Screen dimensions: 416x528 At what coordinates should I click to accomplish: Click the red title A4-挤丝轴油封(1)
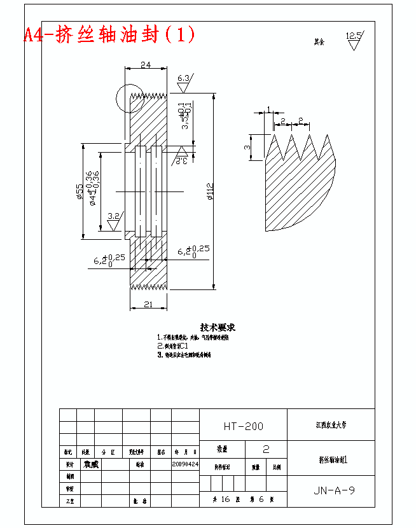(x=109, y=34)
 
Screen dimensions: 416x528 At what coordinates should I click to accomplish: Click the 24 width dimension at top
(x=146, y=64)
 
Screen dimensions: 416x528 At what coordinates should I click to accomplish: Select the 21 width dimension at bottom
(x=148, y=305)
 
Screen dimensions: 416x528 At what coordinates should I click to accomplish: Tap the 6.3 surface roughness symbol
(x=184, y=81)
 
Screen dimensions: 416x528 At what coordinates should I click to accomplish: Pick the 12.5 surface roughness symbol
(x=354, y=39)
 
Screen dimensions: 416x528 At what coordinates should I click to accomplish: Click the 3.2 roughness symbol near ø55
(x=114, y=220)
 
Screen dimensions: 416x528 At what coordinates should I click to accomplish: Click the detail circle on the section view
(x=130, y=100)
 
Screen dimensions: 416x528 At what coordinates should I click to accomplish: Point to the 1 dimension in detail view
(x=268, y=109)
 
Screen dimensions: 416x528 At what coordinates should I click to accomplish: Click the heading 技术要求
(x=218, y=328)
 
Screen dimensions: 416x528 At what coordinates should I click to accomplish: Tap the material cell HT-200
(x=243, y=426)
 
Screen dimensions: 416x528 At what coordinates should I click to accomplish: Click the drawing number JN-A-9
(x=334, y=490)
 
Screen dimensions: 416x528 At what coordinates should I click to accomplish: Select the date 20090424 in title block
(x=185, y=464)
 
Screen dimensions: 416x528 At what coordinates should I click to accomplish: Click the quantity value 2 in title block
(x=266, y=449)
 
